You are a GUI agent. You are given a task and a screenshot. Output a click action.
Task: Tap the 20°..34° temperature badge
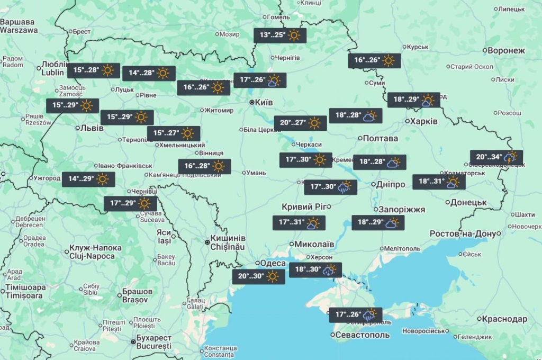coord(496,157)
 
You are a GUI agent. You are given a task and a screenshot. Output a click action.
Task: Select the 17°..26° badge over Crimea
coord(356,314)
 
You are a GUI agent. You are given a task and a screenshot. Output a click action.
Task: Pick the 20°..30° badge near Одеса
coord(258,276)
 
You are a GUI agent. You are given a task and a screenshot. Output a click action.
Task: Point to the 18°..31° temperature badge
coord(439,182)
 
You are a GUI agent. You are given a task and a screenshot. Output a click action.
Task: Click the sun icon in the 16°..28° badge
coord(219,166)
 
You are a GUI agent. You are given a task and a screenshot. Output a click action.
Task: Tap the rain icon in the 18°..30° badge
coord(329,270)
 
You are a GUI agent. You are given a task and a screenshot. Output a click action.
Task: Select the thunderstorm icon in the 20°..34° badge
coord(511,157)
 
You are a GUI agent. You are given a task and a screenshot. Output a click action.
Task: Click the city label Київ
coord(263,102)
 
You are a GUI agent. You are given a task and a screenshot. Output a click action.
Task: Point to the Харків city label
coord(424,121)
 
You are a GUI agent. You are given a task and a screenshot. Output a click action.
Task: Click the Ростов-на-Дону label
coord(464,233)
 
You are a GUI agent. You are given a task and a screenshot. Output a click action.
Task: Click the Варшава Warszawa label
coord(19,26)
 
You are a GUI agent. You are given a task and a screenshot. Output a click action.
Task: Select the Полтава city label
coord(380,138)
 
